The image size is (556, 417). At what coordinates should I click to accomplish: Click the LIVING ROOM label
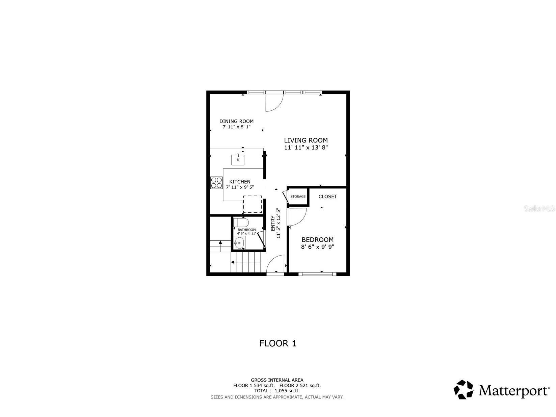[306, 140]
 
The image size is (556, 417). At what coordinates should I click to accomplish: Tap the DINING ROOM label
[236, 121]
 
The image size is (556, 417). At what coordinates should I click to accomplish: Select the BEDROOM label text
[317, 240]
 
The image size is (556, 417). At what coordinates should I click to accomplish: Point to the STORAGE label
[298, 197]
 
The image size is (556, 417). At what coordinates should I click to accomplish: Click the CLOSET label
[327, 197]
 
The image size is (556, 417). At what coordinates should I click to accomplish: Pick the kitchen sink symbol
[238, 160]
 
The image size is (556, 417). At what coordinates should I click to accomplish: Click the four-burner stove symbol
[216, 183]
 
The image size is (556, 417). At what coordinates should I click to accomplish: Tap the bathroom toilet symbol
[241, 223]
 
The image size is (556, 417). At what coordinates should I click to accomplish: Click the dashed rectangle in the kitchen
[253, 204]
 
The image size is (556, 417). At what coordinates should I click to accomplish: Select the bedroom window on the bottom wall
[317, 274]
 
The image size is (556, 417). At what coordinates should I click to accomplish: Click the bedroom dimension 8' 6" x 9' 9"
[317, 247]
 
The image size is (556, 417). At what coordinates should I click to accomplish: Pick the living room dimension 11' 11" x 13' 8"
[306, 148]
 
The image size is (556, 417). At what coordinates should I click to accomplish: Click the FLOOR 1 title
[277, 343]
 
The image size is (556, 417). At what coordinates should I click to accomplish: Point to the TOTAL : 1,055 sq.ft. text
[277, 391]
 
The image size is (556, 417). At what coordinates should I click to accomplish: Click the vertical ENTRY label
[273, 223]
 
